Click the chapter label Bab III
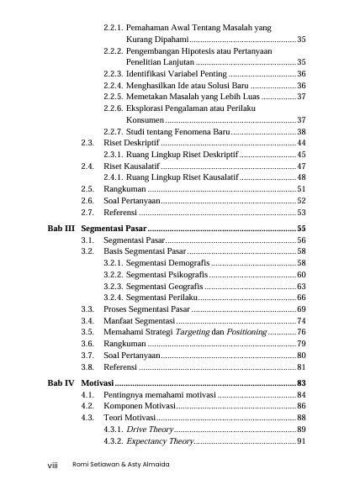[59, 228]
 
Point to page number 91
[300, 441]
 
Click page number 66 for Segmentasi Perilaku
[300, 298]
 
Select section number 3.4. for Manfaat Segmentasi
[87, 321]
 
